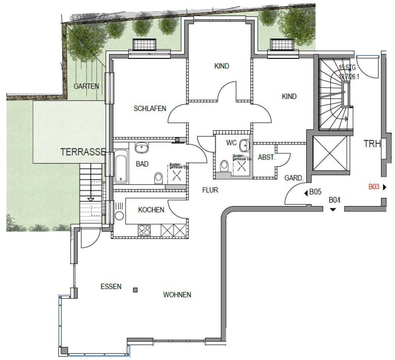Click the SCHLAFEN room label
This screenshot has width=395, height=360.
tap(150, 108)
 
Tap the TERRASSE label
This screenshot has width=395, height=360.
tap(83, 152)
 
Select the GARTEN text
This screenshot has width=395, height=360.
tap(86, 86)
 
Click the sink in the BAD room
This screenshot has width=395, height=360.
tap(142, 147)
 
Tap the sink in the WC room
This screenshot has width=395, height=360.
tap(244, 144)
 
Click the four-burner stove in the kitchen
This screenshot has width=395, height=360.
tap(145, 230)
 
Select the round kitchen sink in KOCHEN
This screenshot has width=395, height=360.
tap(119, 216)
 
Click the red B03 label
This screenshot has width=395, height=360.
tap(374, 187)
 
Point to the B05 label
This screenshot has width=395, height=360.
tap(315, 192)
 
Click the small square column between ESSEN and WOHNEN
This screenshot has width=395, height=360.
tap(135, 290)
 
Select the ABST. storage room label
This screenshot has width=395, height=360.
tap(266, 157)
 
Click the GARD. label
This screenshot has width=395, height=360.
tap(294, 178)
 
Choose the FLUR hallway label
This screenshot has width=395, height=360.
tap(210, 190)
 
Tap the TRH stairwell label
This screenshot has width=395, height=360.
tap(372, 144)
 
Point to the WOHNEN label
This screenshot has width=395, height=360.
tap(177, 294)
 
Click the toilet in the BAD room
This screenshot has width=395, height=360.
tap(158, 178)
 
